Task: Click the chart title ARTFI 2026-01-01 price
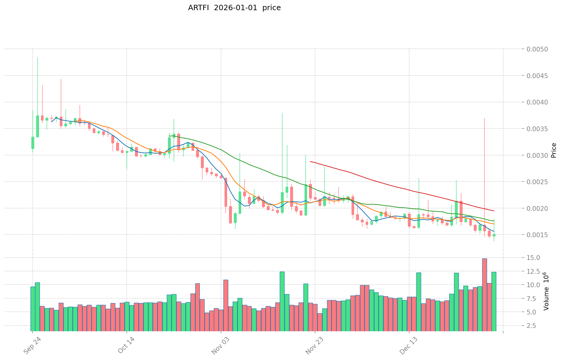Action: coord(234,8)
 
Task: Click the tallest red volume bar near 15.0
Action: coord(484,295)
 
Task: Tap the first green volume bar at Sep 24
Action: coord(33,309)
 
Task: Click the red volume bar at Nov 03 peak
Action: coord(226,305)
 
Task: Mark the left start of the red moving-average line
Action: coord(310,161)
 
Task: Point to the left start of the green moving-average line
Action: coord(169,136)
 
